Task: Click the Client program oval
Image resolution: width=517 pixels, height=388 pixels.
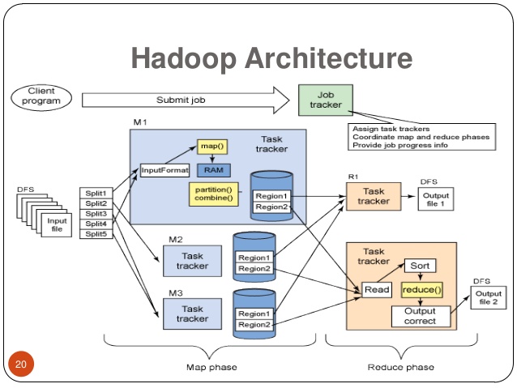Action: coord(41,96)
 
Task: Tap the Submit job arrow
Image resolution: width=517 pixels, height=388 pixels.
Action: coord(186,100)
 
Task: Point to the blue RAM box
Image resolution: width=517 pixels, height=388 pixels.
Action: coord(213,169)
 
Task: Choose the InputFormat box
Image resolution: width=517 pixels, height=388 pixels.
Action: coord(165,170)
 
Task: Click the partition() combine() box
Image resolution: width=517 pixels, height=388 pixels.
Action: coord(212,194)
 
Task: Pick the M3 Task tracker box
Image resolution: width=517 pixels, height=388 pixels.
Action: coord(192,313)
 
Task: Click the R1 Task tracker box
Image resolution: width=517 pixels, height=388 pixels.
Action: coord(374,196)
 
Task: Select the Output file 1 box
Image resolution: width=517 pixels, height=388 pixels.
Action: coord(436,199)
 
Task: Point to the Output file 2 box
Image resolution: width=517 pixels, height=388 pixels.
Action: coord(488,298)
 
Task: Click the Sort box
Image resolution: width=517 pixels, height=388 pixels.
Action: coord(420,266)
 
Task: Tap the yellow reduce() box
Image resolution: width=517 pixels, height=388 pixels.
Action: coord(421,289)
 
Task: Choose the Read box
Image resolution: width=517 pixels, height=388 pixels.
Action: coord(377,290)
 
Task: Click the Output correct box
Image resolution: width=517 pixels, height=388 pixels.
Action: coord(419,316)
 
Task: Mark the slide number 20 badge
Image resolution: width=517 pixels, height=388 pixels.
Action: coord(21,363)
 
